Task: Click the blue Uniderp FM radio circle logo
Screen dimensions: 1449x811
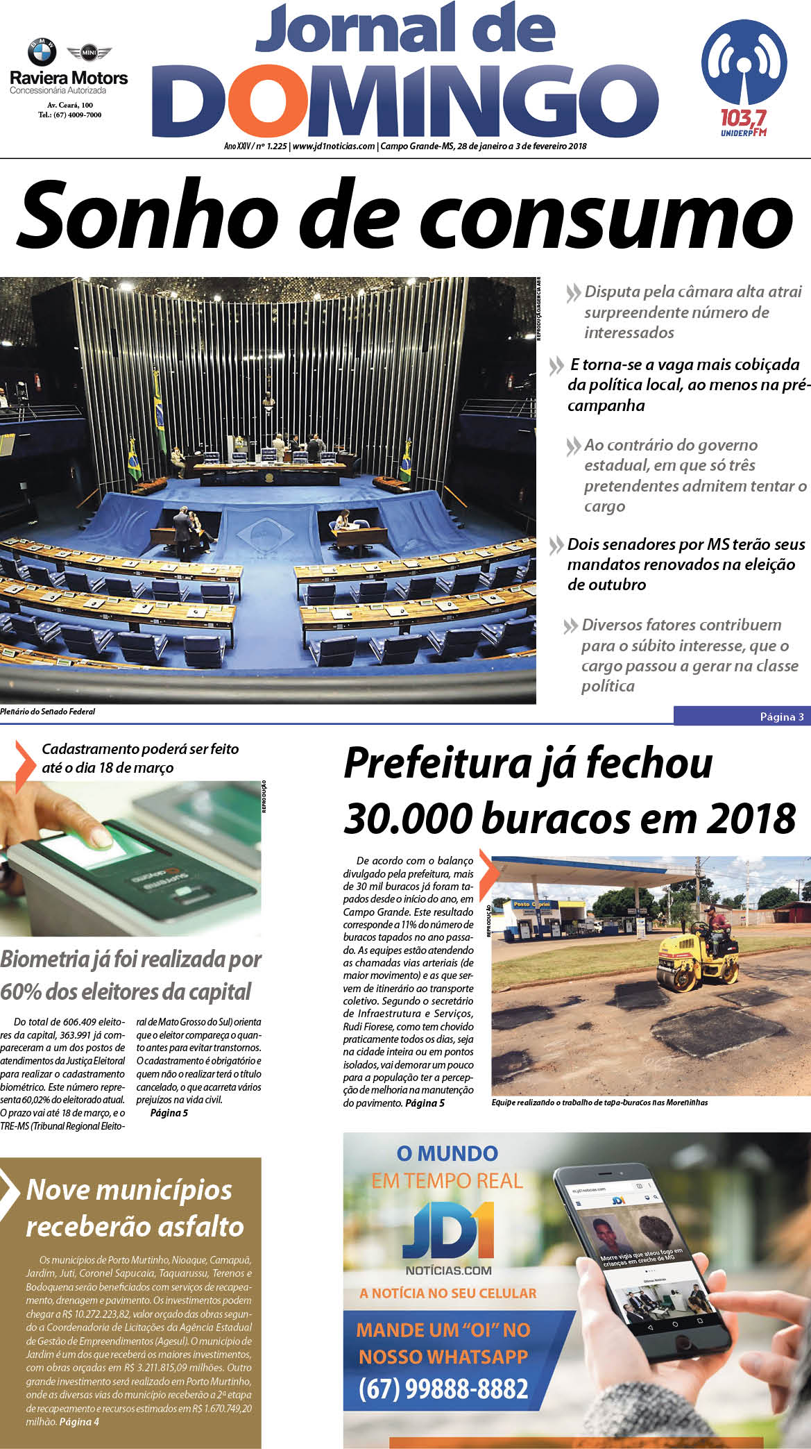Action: coord(744,63)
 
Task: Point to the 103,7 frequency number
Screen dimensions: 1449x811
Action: coord(743,116)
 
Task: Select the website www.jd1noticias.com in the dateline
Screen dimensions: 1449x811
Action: coord(334,146)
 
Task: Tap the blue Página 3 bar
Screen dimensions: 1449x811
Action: coord(742,717)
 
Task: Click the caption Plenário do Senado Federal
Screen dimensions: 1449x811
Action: coord(48,712)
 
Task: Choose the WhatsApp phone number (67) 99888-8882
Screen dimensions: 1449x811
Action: coord(443,1389)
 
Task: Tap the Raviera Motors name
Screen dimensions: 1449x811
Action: coord(69,78)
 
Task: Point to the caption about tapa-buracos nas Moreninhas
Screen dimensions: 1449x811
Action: coord(599,1103)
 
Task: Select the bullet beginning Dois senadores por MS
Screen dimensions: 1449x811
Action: coord(685,564)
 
